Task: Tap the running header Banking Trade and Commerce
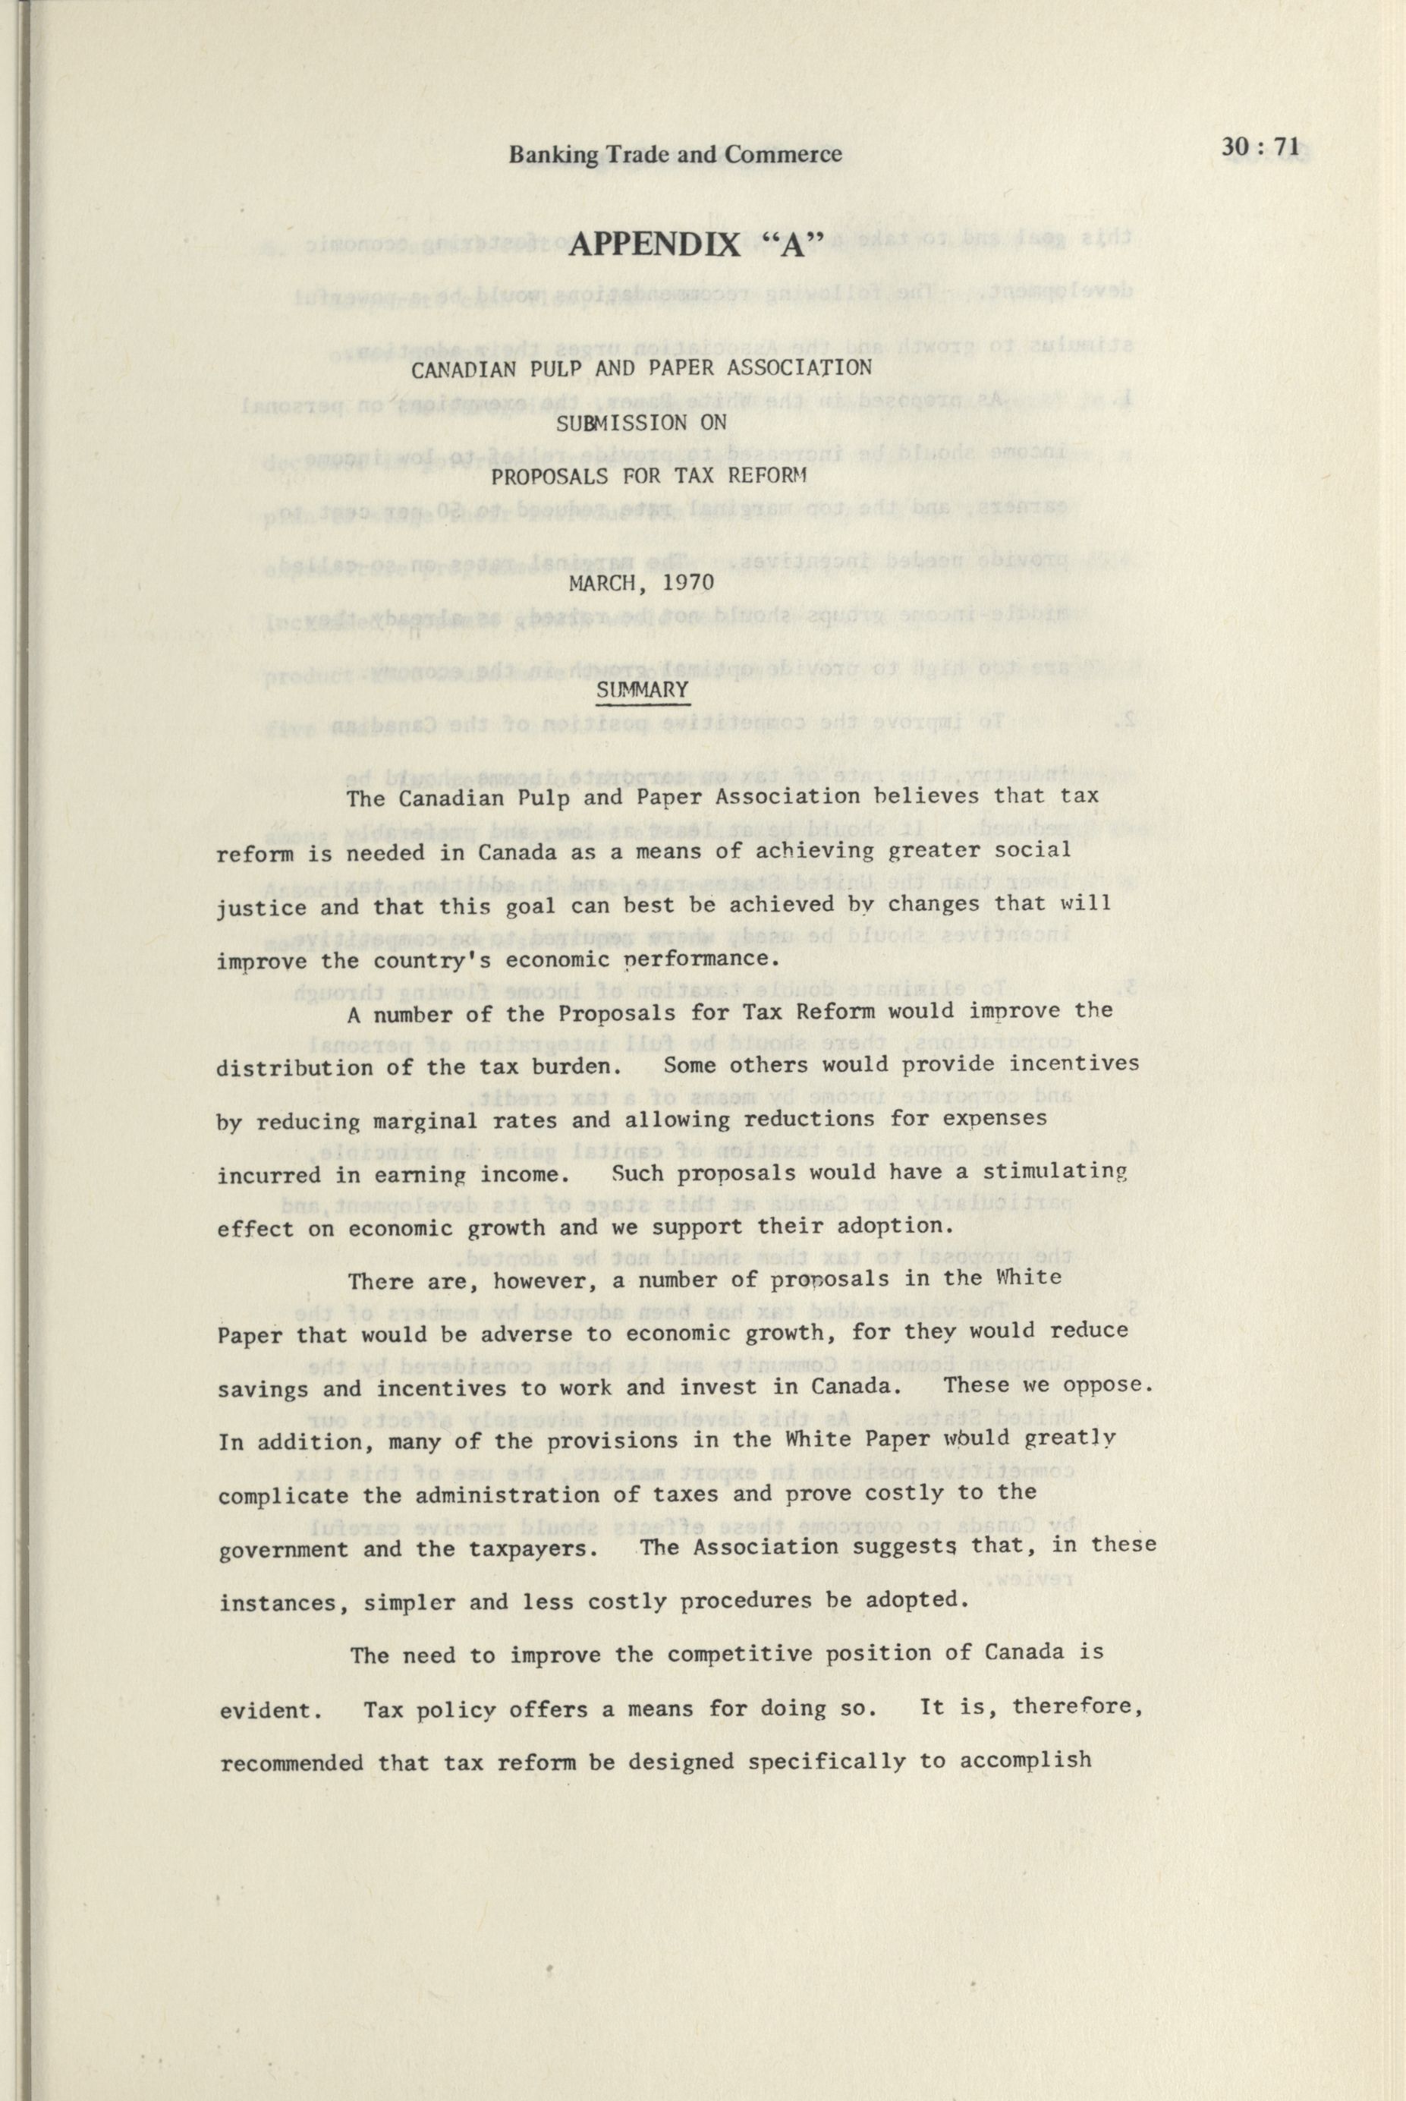coord(675,155)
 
